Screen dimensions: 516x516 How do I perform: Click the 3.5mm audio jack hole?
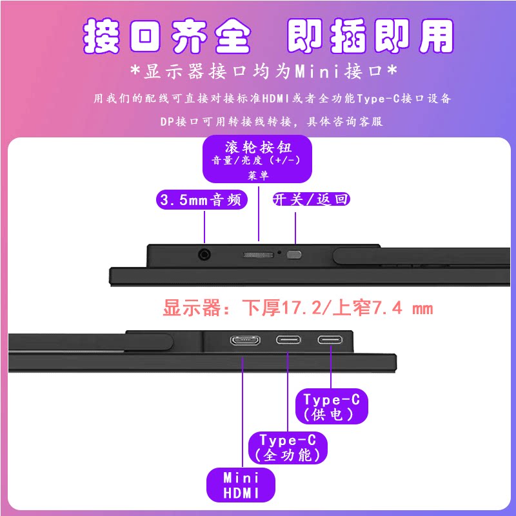[x=205, y=254]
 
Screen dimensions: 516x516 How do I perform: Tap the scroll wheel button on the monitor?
[x=257, y=255]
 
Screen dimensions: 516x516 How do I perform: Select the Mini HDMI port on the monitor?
[x=245, y=340]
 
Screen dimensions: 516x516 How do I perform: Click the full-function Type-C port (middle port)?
[x=288, y=340]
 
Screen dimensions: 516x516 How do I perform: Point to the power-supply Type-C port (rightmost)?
[x=330, y=340]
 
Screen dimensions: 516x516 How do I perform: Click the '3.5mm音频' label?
[x=202, y=199]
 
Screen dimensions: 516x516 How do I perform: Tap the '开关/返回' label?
[x=311, y=199]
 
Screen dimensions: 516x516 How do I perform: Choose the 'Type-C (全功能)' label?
[x=288, y=448]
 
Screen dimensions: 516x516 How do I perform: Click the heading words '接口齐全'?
[x=167, y=37]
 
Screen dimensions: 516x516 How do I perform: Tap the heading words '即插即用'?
[x=370, y=37]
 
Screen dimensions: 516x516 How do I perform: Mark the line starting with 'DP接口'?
[x=272, y=121]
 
